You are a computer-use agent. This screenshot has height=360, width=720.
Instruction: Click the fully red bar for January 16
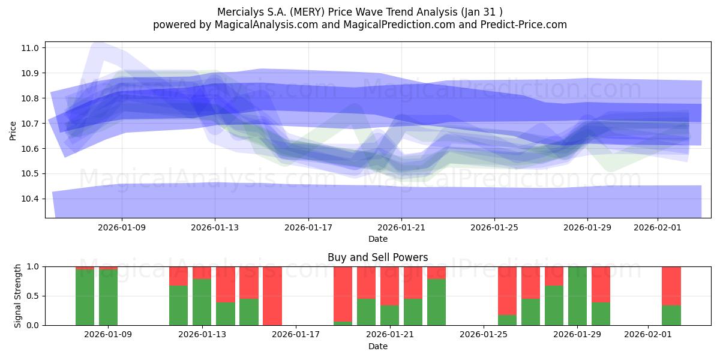272,296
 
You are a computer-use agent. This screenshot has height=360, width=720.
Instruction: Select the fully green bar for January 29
577,296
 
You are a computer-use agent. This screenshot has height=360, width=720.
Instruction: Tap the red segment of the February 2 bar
671,286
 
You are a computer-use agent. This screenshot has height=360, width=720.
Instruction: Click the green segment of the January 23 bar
436,302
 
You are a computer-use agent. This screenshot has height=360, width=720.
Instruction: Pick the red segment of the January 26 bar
507,290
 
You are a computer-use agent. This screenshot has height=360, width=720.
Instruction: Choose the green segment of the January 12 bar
179,305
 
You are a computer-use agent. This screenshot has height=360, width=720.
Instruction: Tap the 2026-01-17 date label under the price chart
308,227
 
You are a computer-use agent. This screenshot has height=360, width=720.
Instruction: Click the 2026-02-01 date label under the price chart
657,227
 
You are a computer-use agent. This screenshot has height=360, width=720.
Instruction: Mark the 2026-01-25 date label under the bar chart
483,335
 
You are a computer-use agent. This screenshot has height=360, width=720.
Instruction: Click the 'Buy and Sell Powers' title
377,257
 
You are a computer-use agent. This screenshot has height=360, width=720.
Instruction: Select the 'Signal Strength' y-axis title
18,296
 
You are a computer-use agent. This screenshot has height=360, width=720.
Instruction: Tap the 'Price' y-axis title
13,130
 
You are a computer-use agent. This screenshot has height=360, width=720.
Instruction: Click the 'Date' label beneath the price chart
377,239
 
